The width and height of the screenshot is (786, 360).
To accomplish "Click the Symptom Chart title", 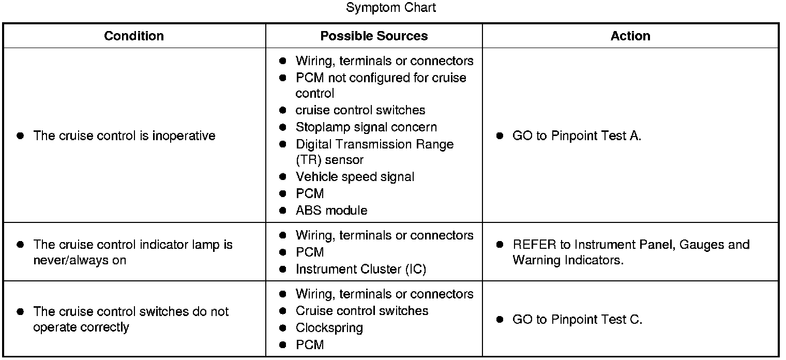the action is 391,8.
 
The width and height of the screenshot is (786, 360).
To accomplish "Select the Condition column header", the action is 134,36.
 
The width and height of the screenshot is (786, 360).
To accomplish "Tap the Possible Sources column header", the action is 374,36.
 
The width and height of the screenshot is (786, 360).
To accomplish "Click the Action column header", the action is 630,36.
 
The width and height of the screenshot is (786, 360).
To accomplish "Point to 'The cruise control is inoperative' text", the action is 124,136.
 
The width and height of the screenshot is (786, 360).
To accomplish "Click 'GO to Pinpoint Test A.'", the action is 577,136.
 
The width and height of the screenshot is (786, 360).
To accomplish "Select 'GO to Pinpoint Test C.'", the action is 577,320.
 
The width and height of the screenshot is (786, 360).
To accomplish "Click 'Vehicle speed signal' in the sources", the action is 355,177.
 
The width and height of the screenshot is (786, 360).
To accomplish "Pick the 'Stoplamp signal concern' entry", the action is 366,127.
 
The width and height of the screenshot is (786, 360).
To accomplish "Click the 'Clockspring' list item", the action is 329,328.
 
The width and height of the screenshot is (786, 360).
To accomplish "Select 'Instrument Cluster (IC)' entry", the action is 361,269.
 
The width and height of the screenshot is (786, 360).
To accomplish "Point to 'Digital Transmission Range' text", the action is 374,144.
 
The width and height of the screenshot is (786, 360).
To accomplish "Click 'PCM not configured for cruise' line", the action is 381,78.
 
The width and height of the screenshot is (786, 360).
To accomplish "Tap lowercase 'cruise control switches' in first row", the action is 360,110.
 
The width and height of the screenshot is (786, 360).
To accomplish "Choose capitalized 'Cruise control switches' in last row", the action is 362,311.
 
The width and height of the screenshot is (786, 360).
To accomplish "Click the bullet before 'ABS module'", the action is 282,211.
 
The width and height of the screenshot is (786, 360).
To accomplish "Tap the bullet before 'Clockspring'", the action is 282,328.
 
